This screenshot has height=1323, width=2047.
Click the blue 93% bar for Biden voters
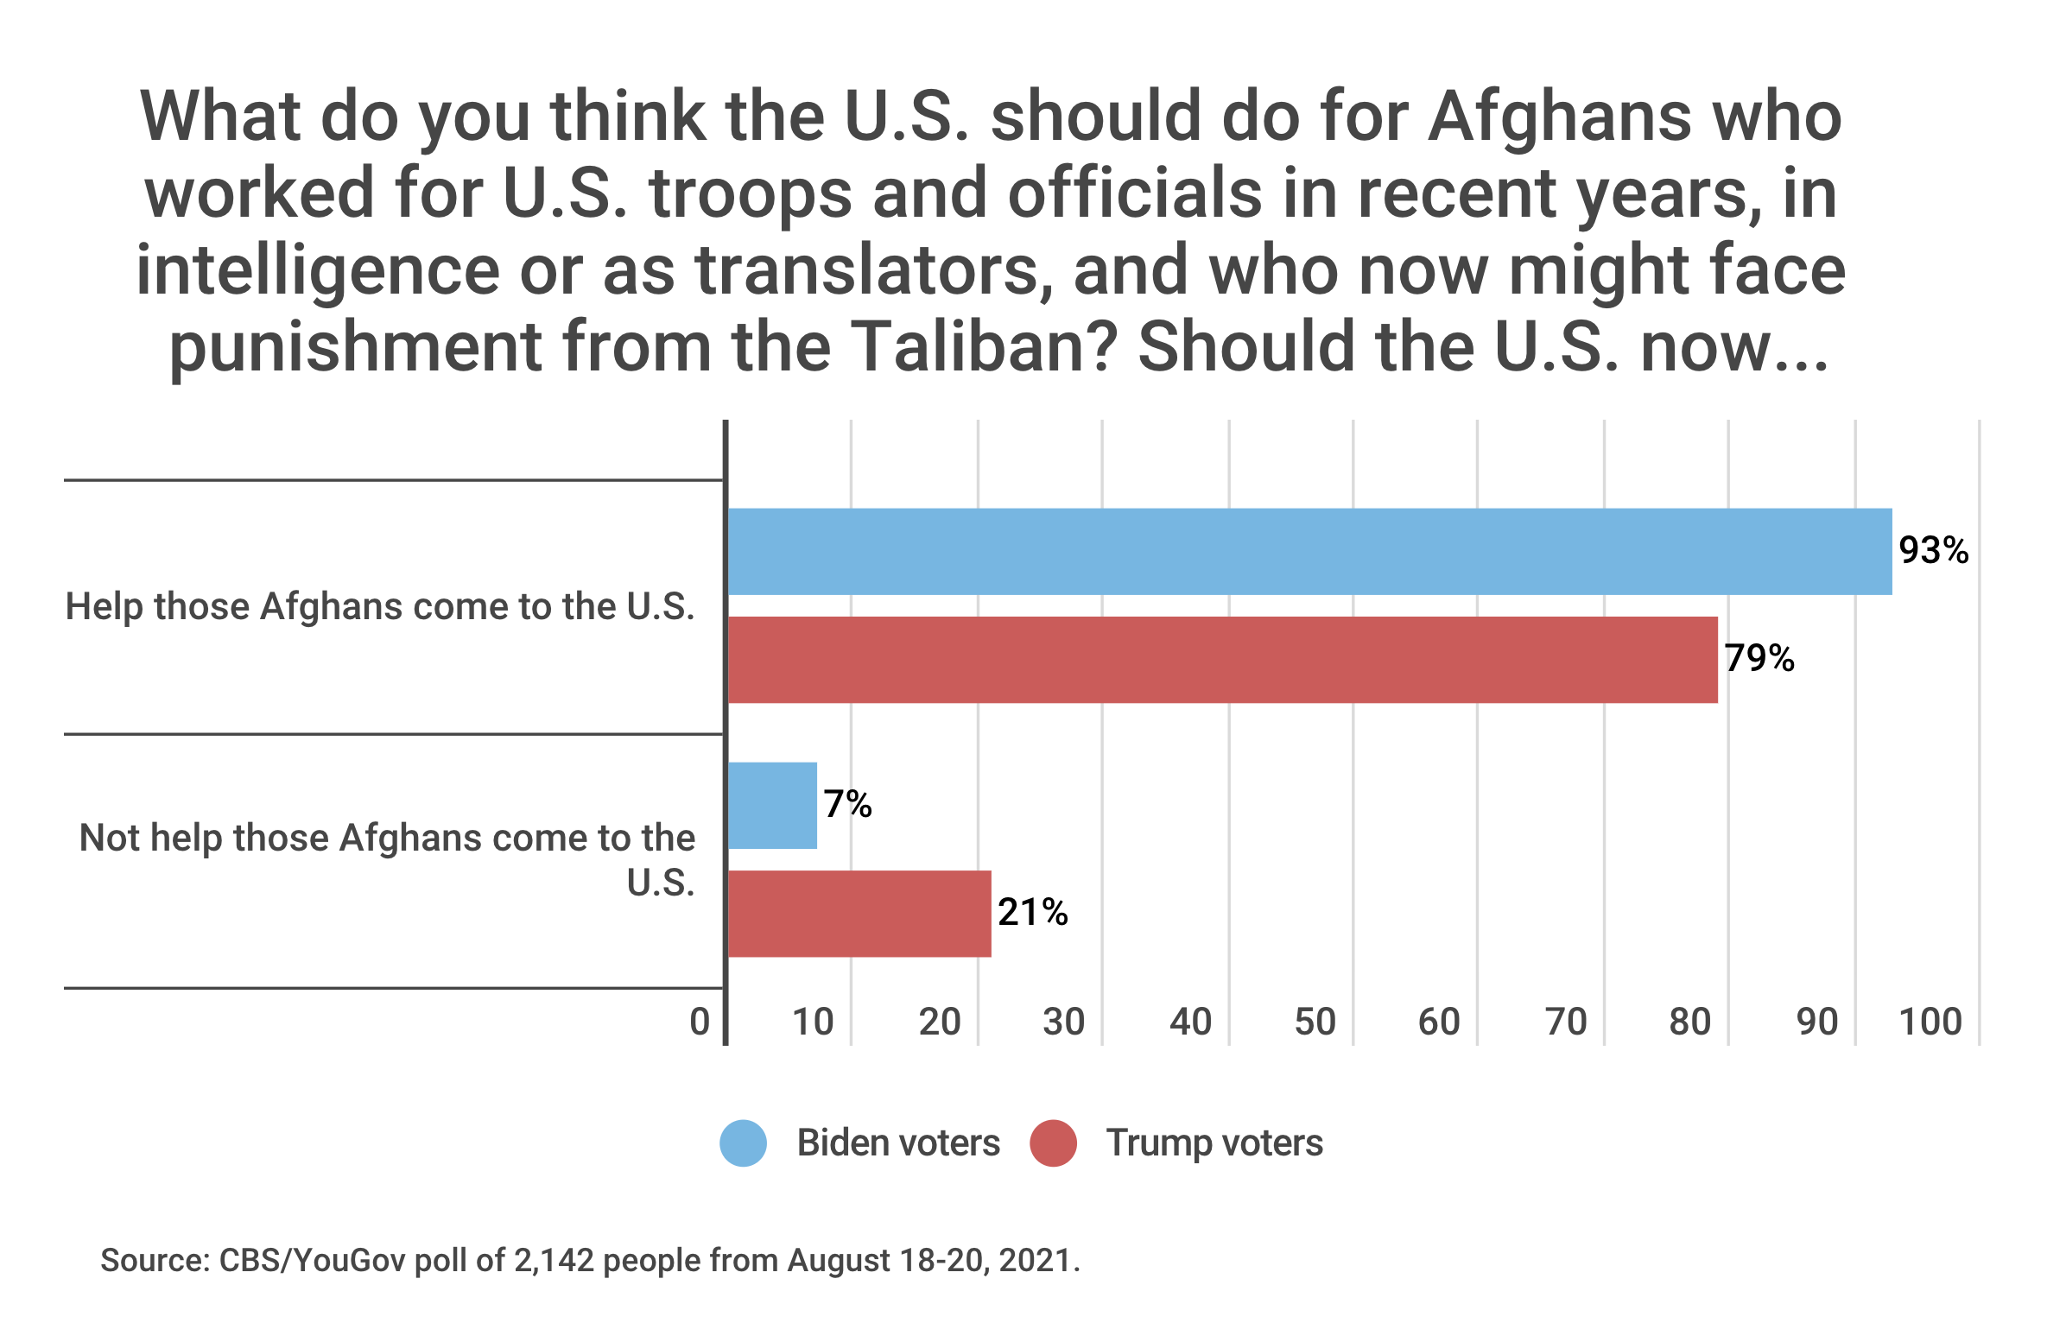pos(1309,551)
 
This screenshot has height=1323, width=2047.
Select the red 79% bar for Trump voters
pos(1222,660)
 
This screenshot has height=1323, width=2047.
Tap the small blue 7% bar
pos(772,805)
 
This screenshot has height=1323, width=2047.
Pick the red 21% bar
pos(859,914)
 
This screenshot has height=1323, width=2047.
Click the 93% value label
pos(1933,551)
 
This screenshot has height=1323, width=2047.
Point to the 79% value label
pos(1759,659)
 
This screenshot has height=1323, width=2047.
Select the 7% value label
pos(847,805)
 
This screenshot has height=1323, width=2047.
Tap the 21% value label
pos(1032,913)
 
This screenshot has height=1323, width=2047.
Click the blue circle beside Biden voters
pos(743,1143)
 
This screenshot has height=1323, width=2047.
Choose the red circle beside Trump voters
pos(1053,1143)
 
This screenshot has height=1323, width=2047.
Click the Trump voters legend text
pos(1214,1143)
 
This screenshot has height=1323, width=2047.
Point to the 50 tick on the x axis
pos(1315,1022)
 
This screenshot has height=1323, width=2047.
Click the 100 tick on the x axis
pos(1930,1022)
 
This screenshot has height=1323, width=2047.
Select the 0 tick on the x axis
pos(700,1022)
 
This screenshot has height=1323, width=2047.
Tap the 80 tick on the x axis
pos(1689,1022)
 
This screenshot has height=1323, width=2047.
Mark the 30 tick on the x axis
pos(1063,1022)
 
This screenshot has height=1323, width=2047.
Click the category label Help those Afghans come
pos(380,606)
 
